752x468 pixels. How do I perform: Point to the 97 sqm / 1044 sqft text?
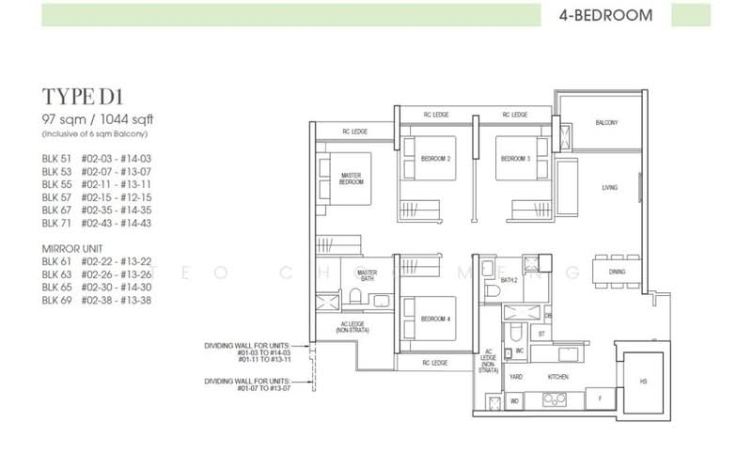96,118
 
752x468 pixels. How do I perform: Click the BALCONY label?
606,123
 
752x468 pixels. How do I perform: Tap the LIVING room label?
609,188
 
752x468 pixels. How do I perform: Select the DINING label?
617,273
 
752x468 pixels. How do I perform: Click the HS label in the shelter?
643,382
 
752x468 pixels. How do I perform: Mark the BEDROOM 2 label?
435,159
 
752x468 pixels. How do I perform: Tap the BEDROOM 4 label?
435,317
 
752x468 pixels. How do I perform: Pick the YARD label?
515,375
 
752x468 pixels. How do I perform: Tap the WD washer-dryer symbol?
514,401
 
